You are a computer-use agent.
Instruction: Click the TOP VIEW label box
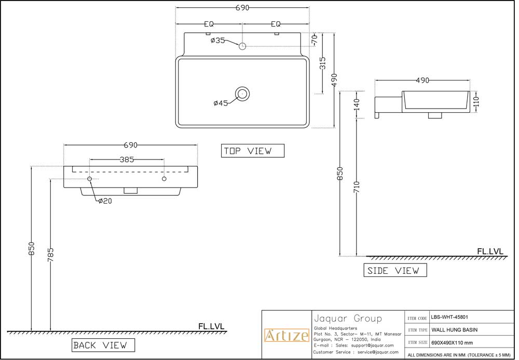(x=253, y=151)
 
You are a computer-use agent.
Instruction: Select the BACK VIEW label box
(x=103, y=345)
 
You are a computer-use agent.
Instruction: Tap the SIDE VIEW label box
(x=395, y=270)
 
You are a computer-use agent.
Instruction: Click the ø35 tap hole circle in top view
(x=242, y=46)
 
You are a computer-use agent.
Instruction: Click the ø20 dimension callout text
(x=105, y=201)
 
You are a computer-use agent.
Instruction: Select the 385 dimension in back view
(x=127, y=159)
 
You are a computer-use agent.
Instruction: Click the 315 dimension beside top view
(x=322, y=63)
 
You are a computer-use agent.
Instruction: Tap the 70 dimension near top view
(x=315, y=40)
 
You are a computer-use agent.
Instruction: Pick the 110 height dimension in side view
(x=476, y=102)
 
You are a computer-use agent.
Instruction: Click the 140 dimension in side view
(x=356, y=104)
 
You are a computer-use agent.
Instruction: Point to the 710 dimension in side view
(x=356, y=188)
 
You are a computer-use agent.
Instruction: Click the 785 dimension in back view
(x=50, y=255)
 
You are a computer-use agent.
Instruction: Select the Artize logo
(x=286, y=336)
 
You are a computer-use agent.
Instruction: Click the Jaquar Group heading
(x=348, y=318)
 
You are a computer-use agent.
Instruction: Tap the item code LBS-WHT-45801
(x=449, y=317)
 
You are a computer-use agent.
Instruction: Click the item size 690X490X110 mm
(x=452, y=343)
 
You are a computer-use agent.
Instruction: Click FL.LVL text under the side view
(x=490, y=251)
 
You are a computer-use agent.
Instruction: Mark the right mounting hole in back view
(x=164, y=179)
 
